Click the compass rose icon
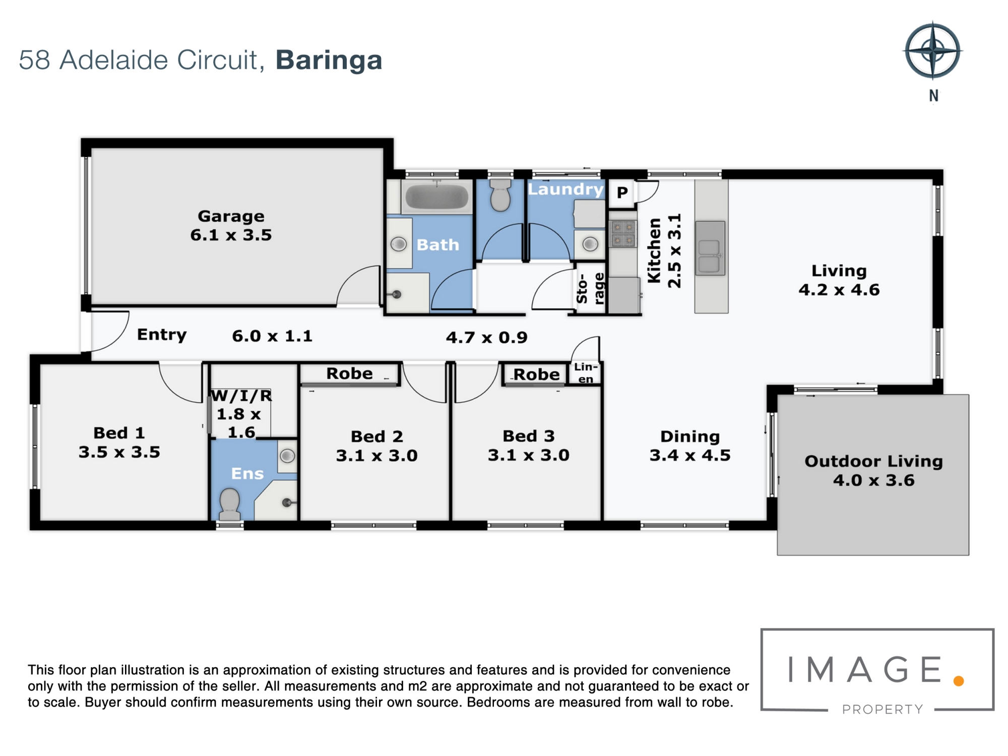click(933, 51)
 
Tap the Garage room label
click(231, 216)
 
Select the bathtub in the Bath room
click(437, 197)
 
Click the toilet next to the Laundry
click(500, 196)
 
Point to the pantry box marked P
click(622, 192)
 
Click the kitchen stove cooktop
click(623, 234)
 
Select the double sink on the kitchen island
click(710, 248)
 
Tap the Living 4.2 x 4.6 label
click(839, 280)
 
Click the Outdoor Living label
click(873, 461)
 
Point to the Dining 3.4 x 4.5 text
click(690, 446)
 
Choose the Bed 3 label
click(529, 436)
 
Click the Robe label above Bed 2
click(349, 373)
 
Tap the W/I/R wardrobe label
click(241, 396)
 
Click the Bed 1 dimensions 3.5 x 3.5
click(119, 452)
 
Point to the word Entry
click(162, 335)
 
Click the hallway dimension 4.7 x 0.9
click(486, 337)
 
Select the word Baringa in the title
click(329, 61)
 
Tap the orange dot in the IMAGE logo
click(959, 681)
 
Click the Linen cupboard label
click(586, 373)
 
